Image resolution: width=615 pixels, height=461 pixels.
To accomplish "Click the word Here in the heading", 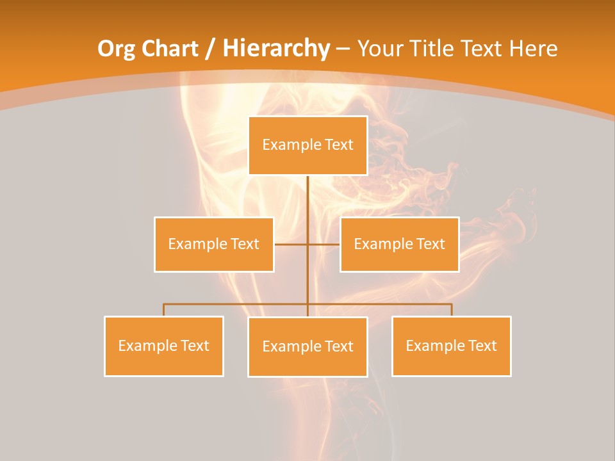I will tap(533, 49).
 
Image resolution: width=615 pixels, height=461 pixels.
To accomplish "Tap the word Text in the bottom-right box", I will tap(482, 346).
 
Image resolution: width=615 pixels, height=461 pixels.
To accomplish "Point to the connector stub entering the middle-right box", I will tap(324, 244).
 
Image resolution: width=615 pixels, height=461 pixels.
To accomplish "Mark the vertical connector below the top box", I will tap(307, 205).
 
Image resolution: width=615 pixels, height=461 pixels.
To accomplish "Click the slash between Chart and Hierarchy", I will tap(209, 49).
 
